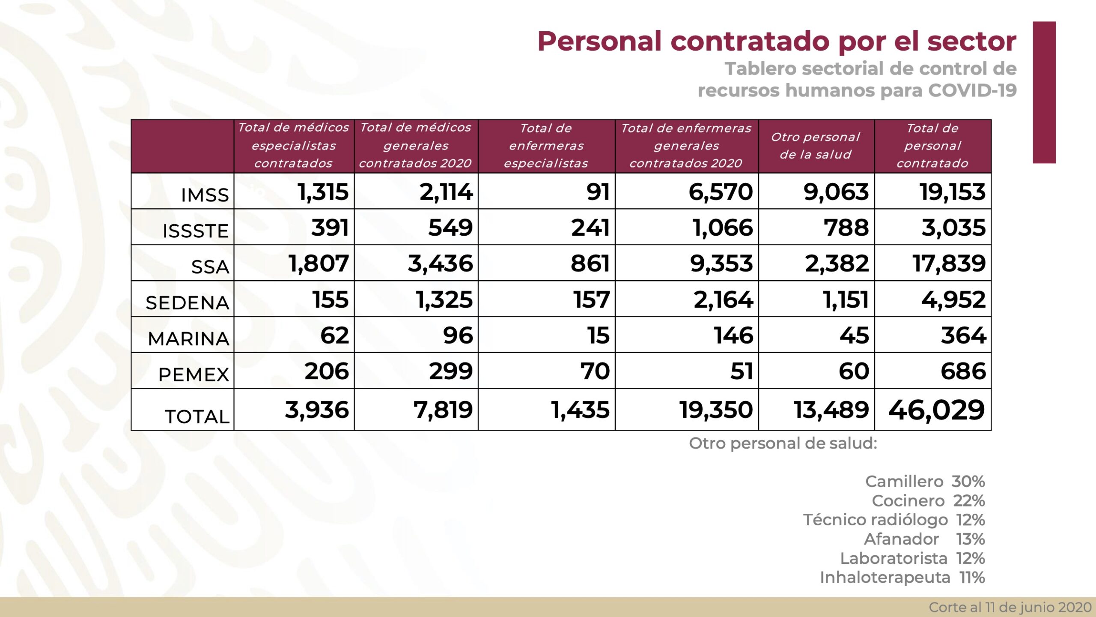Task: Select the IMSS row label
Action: pos(205,195)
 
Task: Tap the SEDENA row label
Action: pos(188,303)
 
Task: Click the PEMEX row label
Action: pos(194,374)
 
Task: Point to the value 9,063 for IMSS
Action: pos(836,192)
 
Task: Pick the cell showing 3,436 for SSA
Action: pos(440,263)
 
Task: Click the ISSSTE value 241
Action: pos(590,228)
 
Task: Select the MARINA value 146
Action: pos(733,335)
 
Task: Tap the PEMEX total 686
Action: pos(963,371)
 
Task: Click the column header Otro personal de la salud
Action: pos(816,146)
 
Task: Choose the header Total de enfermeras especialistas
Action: pos(546,146)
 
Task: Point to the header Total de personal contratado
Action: pos(932,146)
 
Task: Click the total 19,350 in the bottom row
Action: pos(716,410)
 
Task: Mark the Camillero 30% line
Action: pos(925,482)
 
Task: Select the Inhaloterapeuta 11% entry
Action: pos(902,578)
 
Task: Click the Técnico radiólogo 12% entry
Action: pos(893,520)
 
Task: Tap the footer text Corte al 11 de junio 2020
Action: pos(1010,607)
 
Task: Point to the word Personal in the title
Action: pos(600,42)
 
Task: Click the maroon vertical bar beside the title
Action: pos(1044,92)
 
